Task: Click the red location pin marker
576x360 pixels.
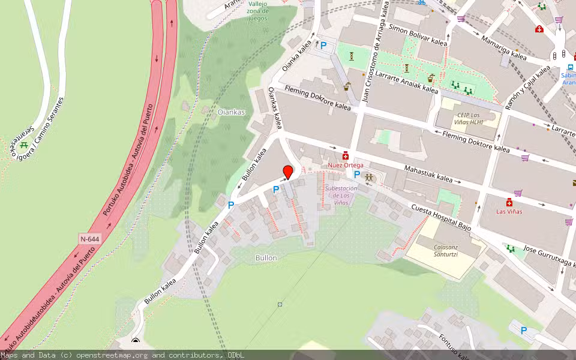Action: (288, 172)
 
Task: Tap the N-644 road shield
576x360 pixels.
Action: (89, 239)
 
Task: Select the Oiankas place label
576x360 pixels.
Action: (231, 112)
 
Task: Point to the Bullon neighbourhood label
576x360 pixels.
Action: (265, 257)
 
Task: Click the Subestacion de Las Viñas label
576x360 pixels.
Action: (341, 196)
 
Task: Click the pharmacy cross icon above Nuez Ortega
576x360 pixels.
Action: (346, 155)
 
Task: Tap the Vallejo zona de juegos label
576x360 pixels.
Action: (258, 10)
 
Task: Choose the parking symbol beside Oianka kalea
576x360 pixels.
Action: (324, 45)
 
